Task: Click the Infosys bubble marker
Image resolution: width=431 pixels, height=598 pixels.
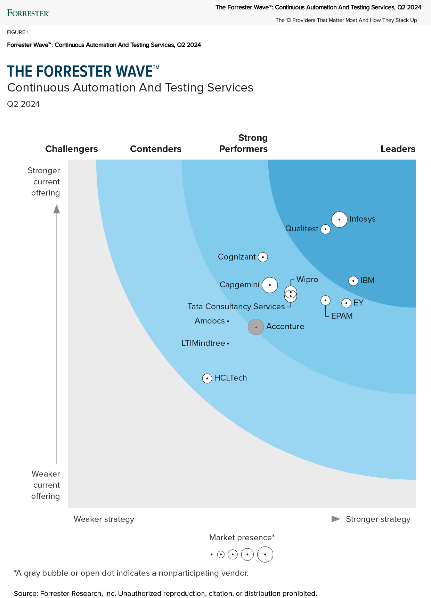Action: (339, 220)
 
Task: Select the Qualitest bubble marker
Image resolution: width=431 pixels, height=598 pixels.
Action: (325, 229)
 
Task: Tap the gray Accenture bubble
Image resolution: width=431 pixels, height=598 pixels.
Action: (256, 327)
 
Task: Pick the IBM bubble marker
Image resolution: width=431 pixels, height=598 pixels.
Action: (353, 281)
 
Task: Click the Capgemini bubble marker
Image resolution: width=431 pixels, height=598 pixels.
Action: (270, 285)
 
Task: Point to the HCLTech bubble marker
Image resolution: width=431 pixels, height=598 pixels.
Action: (207, 378)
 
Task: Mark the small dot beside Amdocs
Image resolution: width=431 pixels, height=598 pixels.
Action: (228, 321)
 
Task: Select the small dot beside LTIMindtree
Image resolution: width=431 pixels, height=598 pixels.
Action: (228, 343)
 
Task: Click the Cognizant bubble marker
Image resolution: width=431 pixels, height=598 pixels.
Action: (263, 257)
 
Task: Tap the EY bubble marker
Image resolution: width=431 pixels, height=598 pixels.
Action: (346, 303)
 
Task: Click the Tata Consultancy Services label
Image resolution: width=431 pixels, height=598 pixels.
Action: (236, 306)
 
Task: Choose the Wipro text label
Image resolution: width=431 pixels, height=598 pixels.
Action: (307, 280)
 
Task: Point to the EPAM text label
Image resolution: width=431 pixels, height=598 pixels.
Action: (342, 316)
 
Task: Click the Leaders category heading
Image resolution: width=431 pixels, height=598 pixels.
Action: (398, 149)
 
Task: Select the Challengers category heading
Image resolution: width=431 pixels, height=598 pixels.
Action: (72, 149)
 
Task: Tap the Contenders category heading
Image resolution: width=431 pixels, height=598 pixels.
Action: (156, 149)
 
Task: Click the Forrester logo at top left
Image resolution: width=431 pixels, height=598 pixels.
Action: (28, 13)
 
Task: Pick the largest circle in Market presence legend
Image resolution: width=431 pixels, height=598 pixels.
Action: (265, 555)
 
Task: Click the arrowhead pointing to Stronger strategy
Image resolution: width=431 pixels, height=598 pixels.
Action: (336, 519)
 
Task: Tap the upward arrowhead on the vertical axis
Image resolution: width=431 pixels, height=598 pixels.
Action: (57, 209)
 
